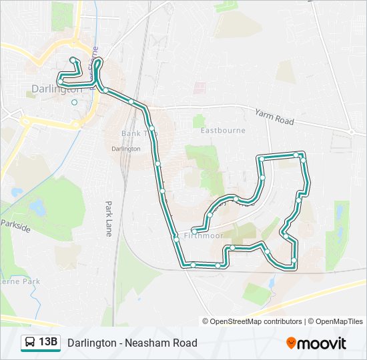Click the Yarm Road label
tap(274, 117)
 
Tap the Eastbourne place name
tap(223, 131)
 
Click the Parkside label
tap(15, 225)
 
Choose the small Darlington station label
tap(126, 149)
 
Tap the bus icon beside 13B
tap(30, 343)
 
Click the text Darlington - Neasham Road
tap(132, 343)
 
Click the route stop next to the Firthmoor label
tap(176, 237)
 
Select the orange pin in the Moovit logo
tap(291, 343)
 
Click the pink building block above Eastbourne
tap(200, 87)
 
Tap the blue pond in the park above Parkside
tap(37, 208)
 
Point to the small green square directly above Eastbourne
tap(198, 121)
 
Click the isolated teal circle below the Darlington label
tap(74, 102)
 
